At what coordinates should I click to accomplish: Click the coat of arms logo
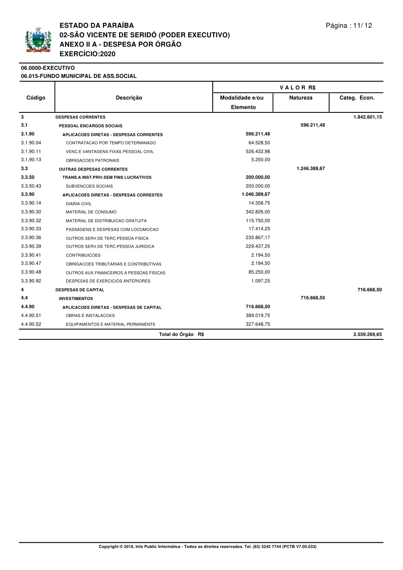(x=39, y=40)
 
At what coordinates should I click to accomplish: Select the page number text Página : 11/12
(x=349, y=26)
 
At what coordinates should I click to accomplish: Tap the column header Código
(x=36, y=98)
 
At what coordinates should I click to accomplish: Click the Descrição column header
(x=129, y=98)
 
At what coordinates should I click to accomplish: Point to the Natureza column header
(x=301, y=98)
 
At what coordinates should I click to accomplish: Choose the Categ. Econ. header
(x=357, y=98)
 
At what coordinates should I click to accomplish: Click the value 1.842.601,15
(x=367, y=117)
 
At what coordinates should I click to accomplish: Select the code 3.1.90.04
(x=31, y=142)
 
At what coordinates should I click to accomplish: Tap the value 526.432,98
(x=258, y=151)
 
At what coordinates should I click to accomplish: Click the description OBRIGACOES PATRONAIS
(x=92, y=160)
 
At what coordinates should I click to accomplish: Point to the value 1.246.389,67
(x=311, y=168)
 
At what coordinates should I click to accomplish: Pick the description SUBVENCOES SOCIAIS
(x=89, y=186)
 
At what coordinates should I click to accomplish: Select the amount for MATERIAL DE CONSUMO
(x=258, y=212)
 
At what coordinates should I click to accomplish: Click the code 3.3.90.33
(x=31, y=229)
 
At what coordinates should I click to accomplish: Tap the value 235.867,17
(x=258, y=238)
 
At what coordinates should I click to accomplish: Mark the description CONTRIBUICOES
(x=83, y=255)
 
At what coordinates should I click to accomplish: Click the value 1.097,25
(x=261, y=281)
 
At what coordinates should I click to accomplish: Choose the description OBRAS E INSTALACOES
(x=90, y=316)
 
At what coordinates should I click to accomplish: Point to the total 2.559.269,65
(x=368, y=334)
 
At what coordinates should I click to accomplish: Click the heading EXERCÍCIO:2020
(x=87, y=54)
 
